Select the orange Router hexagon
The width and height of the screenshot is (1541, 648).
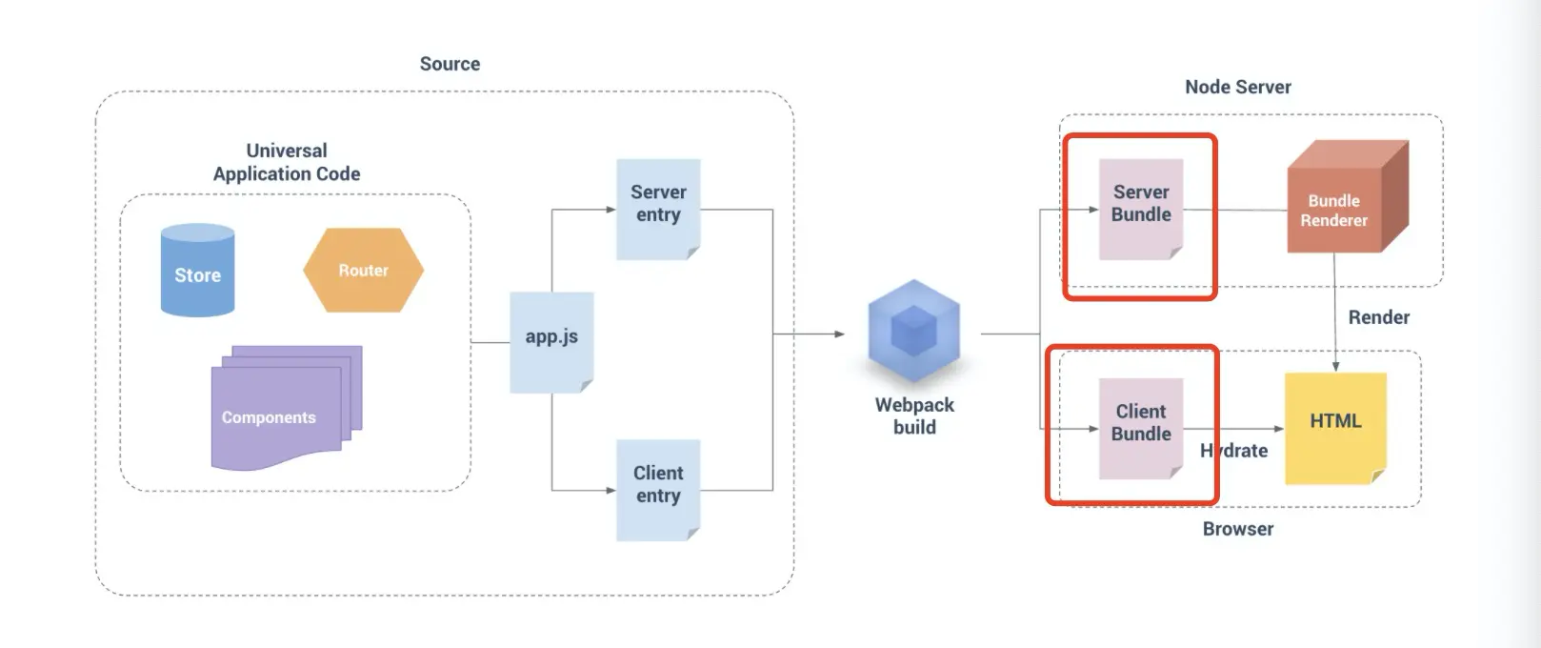pyautogui.click(x=363, y=271)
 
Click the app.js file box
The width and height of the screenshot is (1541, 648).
pyautogui.click(x=551, y=341)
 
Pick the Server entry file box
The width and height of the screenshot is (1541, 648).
pyautogui.click(x=658, y=208)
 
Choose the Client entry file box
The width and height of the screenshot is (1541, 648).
pyautogui.click(x=658, y=489)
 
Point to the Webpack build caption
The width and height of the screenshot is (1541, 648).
pyautogui.click(x=914, y=415)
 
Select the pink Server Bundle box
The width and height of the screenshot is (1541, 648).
pyautogui.click(x=1141, y=208)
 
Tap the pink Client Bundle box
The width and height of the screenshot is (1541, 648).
pyautogui.click(x=1141, y=427)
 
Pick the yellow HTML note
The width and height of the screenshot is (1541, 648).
pyautogui.click(x=1335, y=427)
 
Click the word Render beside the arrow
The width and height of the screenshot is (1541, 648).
pyautogui.click(x=1378, y=317)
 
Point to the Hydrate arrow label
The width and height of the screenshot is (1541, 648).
pyautogui.click(x=1234, y=451)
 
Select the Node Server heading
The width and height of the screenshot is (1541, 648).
pyautogui.click(x=1237, y=87)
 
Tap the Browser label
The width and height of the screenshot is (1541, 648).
pyautogui.click(x=1237, y=529)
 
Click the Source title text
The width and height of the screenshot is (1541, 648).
pyautogui.click(x=450, y=64)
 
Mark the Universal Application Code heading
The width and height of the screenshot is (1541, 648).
pyautogui.click(x=287, y=162)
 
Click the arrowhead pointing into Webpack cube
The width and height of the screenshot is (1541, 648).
pyautogui.click(x=839, y=334)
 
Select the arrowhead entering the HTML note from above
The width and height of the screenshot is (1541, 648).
pyautogui.click(x=1335, y=367)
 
